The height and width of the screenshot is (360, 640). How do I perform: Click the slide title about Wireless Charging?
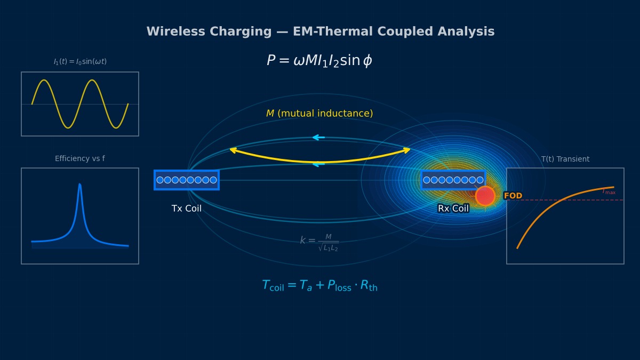coord(320,31)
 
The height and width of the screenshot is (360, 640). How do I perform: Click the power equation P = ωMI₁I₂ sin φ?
coord(319,61)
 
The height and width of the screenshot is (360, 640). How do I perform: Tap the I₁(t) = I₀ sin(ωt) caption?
coord(80,62)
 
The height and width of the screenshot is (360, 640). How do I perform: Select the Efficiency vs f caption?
coord(80,159)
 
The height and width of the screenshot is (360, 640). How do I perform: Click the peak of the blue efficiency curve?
coord(80,185)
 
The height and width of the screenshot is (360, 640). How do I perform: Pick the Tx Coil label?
coord(187,209)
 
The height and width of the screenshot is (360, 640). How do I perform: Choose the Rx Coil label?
coord(453,209)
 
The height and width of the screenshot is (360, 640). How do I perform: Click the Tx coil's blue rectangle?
coord(187,180)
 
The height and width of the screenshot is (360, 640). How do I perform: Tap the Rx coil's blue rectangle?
coord(453,180)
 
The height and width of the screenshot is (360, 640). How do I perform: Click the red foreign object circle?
coord(485,196)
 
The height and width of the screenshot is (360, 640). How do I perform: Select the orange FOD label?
coord(513,196)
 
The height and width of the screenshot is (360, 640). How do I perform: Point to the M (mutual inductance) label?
coord(319,114)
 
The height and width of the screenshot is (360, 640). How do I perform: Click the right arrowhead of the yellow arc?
coord(409,150)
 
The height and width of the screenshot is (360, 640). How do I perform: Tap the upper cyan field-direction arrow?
coord(318,138)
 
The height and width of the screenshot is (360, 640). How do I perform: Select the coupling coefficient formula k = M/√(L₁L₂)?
coord(319,242)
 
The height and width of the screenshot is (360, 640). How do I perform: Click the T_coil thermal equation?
coord(319,286)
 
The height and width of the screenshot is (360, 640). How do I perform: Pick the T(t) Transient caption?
coord(565,159)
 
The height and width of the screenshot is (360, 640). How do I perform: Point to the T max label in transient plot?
coord(609,191)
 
